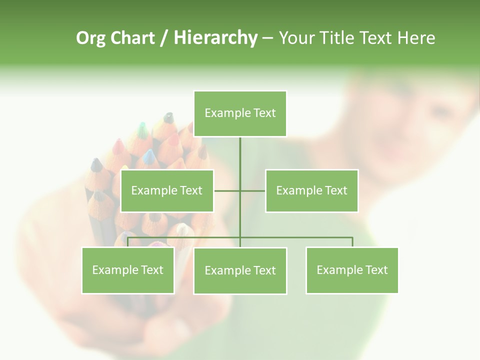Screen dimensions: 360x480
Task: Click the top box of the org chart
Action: click(240, 113)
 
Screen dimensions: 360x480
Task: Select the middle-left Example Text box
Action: click(167, 190)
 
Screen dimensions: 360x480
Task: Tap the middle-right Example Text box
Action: click(311, 190)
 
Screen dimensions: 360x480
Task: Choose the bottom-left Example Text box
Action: click(128, 270)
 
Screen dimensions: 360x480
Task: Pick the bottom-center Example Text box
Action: click(240, 270)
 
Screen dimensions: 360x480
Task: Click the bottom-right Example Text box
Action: click(352, 270)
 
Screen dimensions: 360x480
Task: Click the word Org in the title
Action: click(90, 38)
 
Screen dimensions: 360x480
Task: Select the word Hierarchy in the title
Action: click(215, 38)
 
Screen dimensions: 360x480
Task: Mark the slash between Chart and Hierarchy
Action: click(164, 38)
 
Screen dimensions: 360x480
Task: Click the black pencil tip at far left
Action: click(95, 164)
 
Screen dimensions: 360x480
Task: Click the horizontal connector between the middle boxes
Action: click(227, 190)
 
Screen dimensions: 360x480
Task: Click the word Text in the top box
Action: click(264, 113)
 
